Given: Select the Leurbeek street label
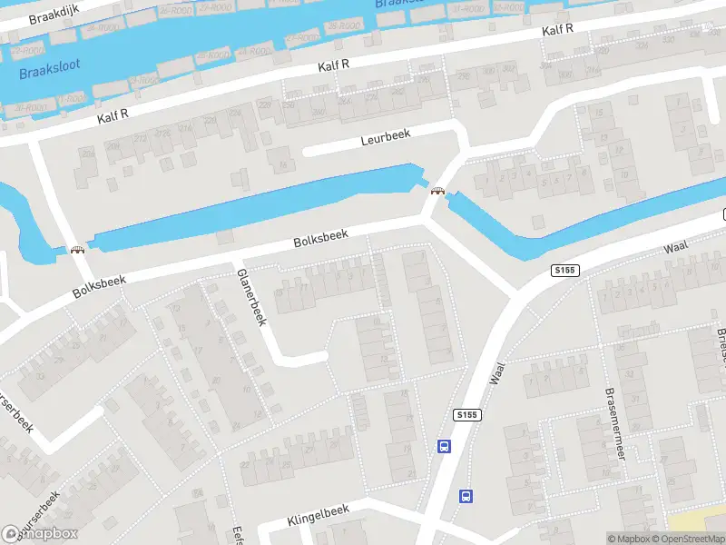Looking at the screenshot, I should (x=385, y=136).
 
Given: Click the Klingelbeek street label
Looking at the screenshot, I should (x=318, y=515).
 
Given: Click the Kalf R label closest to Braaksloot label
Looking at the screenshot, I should (x=113, y=116).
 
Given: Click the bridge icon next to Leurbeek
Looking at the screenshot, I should (x=438, y=191).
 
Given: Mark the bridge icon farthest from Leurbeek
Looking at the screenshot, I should (x=78, y=250).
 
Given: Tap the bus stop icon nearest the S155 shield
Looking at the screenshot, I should (x=445, y=446).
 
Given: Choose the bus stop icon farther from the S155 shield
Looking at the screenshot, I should (x=466, y=496).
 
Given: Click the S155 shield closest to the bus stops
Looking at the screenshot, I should (x=466, y=414).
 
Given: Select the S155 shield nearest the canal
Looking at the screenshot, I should (x=564, y=270).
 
